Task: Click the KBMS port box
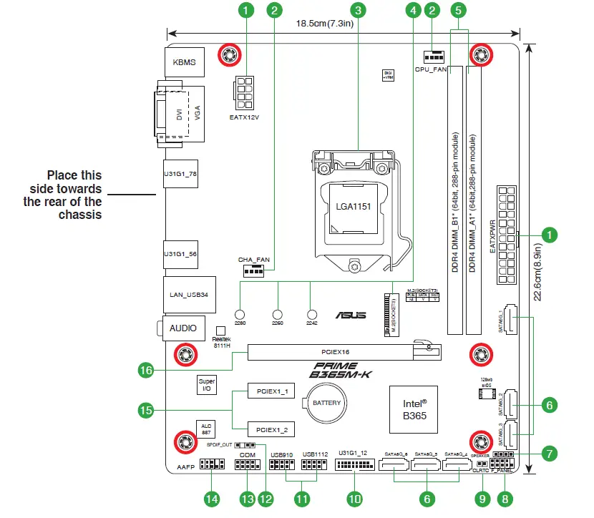point(184,62)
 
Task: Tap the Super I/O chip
point(206,386)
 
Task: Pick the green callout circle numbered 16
point(146,370)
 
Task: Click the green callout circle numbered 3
point(359,10)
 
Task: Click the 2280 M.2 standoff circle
point(240,313)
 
